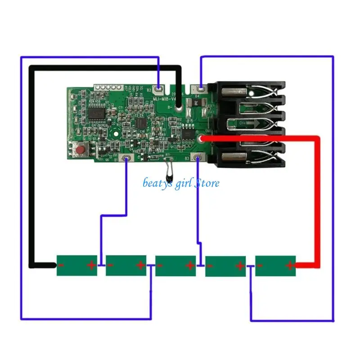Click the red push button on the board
[81, 149]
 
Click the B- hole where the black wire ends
[179, 108]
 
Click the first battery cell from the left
[77, 265]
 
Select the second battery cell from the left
[126, 265]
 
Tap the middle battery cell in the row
[176, 265]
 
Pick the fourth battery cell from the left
[225, 266]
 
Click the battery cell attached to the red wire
[275, 265]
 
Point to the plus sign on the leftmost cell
[92, 265]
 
